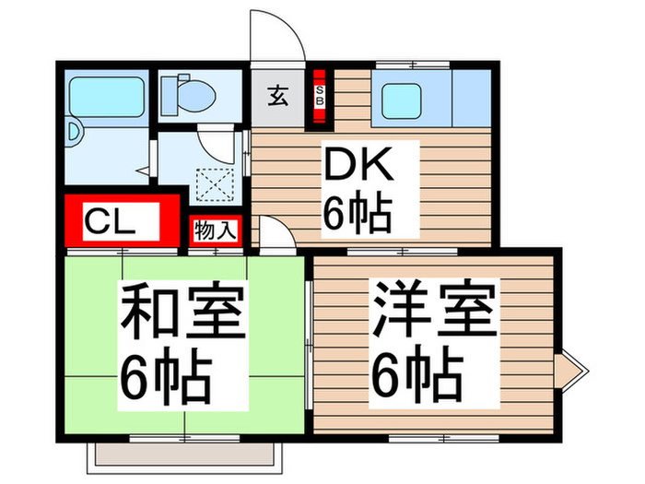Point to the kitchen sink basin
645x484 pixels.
pos(408,97)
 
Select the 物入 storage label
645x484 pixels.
pos(215,230)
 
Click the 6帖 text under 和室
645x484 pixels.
pos(166,373)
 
